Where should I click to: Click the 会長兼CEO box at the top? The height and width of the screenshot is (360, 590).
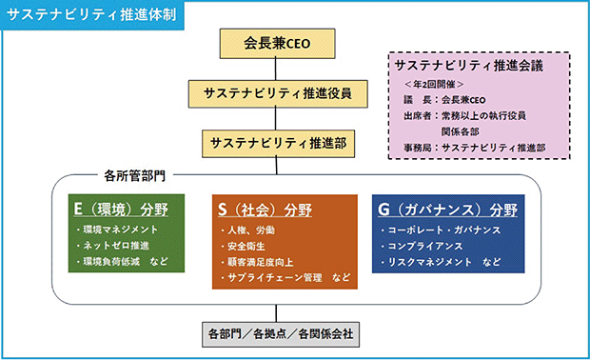[x=277, y=43]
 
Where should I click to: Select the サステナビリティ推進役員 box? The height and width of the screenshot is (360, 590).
[x=278, y=93]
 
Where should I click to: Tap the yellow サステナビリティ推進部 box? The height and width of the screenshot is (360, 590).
[x=278, y=144]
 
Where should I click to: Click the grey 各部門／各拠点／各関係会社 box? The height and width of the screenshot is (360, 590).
[x=281, y=334]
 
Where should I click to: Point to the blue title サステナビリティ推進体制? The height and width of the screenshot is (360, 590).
[x=91, y=14]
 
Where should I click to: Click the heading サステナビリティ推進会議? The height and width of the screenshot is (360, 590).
[x=469, y=66]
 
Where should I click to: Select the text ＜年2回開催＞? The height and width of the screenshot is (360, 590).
[x=434, y=84]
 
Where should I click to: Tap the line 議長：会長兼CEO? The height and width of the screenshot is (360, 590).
[x=444, y=100]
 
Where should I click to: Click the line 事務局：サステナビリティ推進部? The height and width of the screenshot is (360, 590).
[x=475, y=148]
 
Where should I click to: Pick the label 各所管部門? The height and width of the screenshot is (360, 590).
[x=134, y=175]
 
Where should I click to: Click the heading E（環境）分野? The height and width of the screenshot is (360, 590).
[x=121, y=210]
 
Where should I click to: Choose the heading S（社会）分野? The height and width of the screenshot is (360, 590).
[x=265, y=210]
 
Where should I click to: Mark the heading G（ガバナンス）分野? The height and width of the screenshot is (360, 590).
[x=447, y=210]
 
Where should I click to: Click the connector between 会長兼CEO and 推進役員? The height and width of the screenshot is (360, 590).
[x=276, y=70]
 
